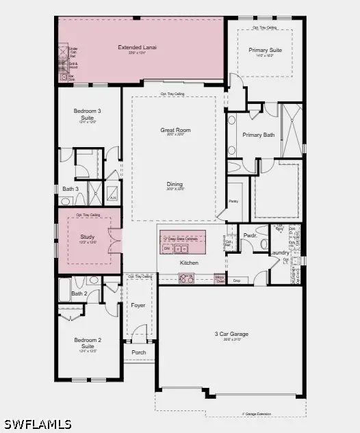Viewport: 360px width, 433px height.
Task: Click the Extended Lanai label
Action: (138, 47)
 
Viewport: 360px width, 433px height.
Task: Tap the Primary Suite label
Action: (265, 49)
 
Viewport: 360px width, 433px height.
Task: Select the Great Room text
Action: (175, 130)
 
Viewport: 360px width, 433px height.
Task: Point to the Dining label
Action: (175, 184)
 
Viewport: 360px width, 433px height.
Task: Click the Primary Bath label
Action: (259, 135)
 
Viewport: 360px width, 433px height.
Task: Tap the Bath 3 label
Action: (70, 189)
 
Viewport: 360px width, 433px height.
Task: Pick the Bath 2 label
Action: (79, 293)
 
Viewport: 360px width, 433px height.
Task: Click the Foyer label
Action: (138, 305)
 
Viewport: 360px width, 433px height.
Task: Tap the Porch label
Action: (139, 353)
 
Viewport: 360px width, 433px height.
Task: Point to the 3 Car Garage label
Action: (231, 334)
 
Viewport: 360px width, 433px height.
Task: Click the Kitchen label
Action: (189, 263)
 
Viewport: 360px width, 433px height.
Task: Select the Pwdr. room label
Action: (250, 235)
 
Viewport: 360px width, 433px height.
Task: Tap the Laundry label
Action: (280, 252)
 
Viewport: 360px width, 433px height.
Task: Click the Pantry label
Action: (233, 202)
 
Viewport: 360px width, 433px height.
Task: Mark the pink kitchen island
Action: (183, 241)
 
